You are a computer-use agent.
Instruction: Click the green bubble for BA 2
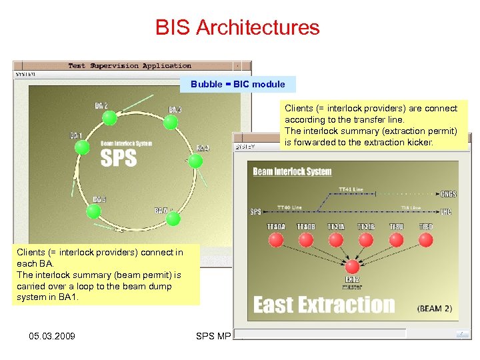(110, 118)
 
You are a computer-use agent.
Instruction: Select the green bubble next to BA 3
(171, 122)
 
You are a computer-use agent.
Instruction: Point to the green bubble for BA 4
(195, 161)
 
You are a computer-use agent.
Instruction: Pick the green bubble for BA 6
(94, 211)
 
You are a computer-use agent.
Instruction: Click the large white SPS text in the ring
(119, 158)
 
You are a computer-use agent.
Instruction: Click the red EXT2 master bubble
(351, 267)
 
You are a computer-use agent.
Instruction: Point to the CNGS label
(448, 194)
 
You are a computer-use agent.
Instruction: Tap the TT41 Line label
(351, 189)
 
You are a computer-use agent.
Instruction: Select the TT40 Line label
(289, 207)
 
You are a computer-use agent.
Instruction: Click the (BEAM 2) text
(437, 309)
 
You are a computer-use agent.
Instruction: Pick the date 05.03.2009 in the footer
(53, 335)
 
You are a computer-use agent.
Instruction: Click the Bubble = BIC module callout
(237, 84)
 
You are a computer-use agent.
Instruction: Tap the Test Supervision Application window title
(129, 66)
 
